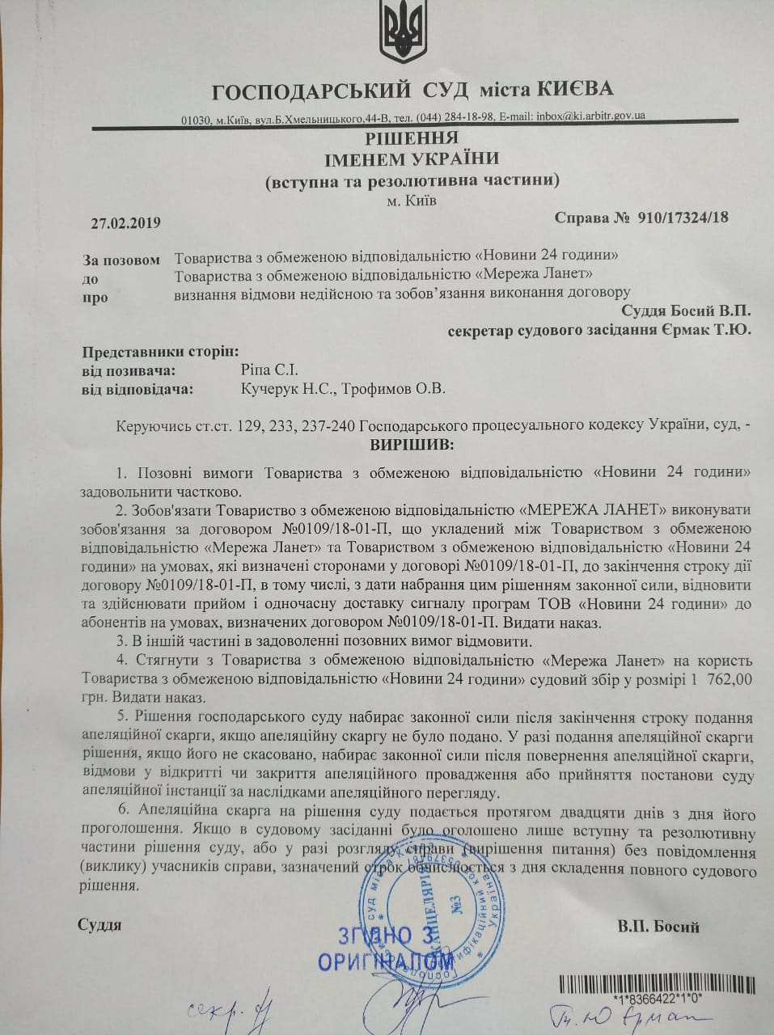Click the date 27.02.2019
pyautogui.click(x=126, y=223)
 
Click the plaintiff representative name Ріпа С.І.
pyautogui.click(x=264, y=370)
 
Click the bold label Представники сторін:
pyautogui.click(x=161, y=351)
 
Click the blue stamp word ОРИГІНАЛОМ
pyautogui.click(x=386, y=962)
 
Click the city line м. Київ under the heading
pyautogui.click(x=412, y=200)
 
